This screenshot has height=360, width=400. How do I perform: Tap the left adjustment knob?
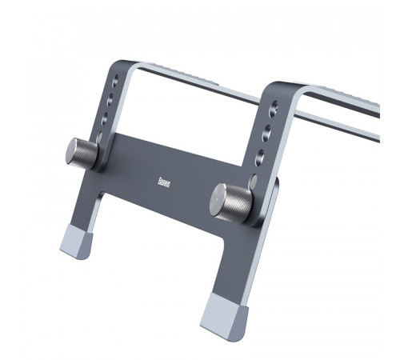[x=82, y=152]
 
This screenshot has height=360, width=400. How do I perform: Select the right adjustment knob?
[x=232, y=200]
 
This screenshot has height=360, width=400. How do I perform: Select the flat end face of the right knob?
[x=219, y=200]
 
